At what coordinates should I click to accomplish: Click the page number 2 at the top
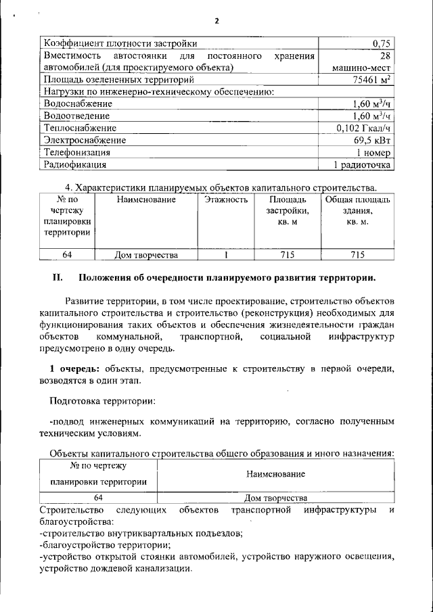coord(216,21)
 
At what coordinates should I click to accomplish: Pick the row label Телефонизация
coord(77,152)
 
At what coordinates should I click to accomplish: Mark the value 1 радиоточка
coord(362,164)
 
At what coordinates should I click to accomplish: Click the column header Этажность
coord(226,200)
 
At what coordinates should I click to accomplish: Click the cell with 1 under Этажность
coord(226,255)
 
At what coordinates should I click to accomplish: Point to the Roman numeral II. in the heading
coord(58,278)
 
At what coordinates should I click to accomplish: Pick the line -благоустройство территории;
coord(105,544)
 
